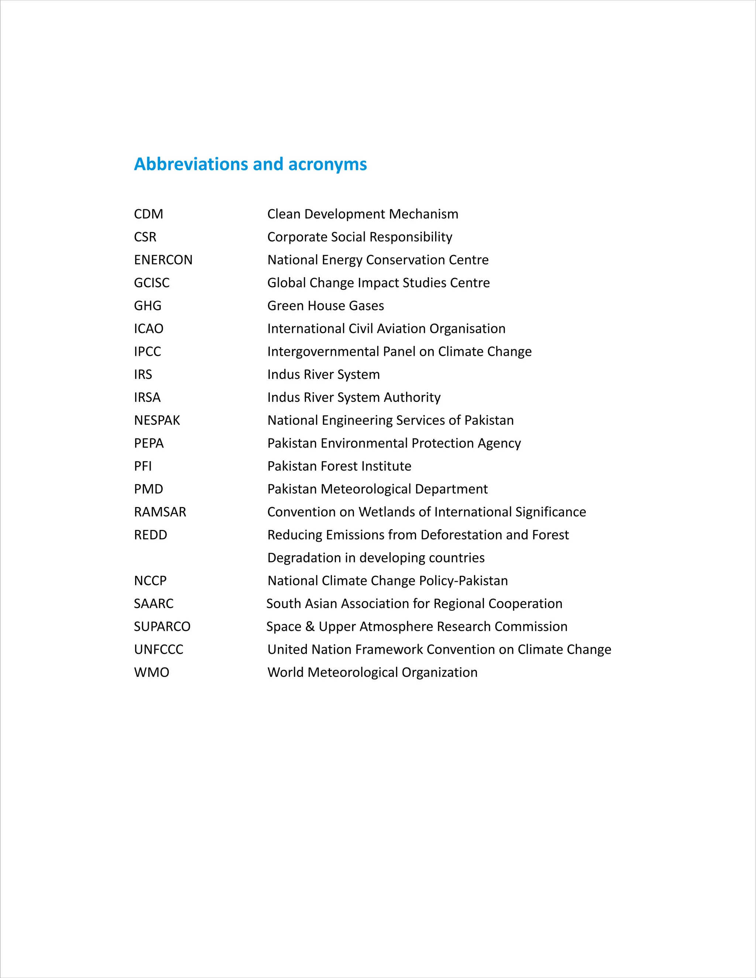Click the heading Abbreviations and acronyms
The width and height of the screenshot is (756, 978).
(250, 164)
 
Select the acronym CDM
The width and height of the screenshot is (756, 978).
(148, 214)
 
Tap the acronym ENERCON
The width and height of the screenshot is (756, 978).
(163, 260)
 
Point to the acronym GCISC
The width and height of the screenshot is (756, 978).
(151, 283)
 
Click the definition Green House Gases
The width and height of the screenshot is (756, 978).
(325, 306)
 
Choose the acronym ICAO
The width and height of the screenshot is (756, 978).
(148, 329)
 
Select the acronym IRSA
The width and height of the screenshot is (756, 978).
(147, 397)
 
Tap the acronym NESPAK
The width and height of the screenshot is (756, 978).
(157, 420)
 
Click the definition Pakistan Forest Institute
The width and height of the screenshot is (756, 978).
(339, 466)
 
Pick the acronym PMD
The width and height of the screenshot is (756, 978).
(148, 489)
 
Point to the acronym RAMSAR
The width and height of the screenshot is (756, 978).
(160, 512)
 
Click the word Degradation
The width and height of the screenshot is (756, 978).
(304, 558)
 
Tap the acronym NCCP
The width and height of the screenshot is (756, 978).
(150, 581)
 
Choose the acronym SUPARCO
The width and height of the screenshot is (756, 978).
(162, 627)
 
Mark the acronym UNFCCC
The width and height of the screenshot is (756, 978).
(158, 649)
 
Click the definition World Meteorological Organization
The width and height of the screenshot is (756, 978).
(372, 672)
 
